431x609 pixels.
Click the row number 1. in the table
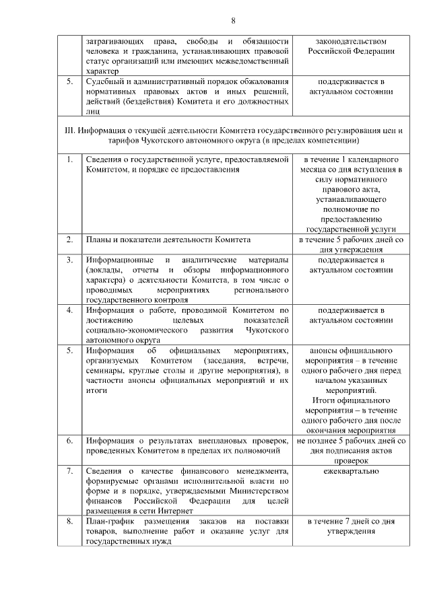69,159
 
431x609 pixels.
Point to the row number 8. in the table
69,521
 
